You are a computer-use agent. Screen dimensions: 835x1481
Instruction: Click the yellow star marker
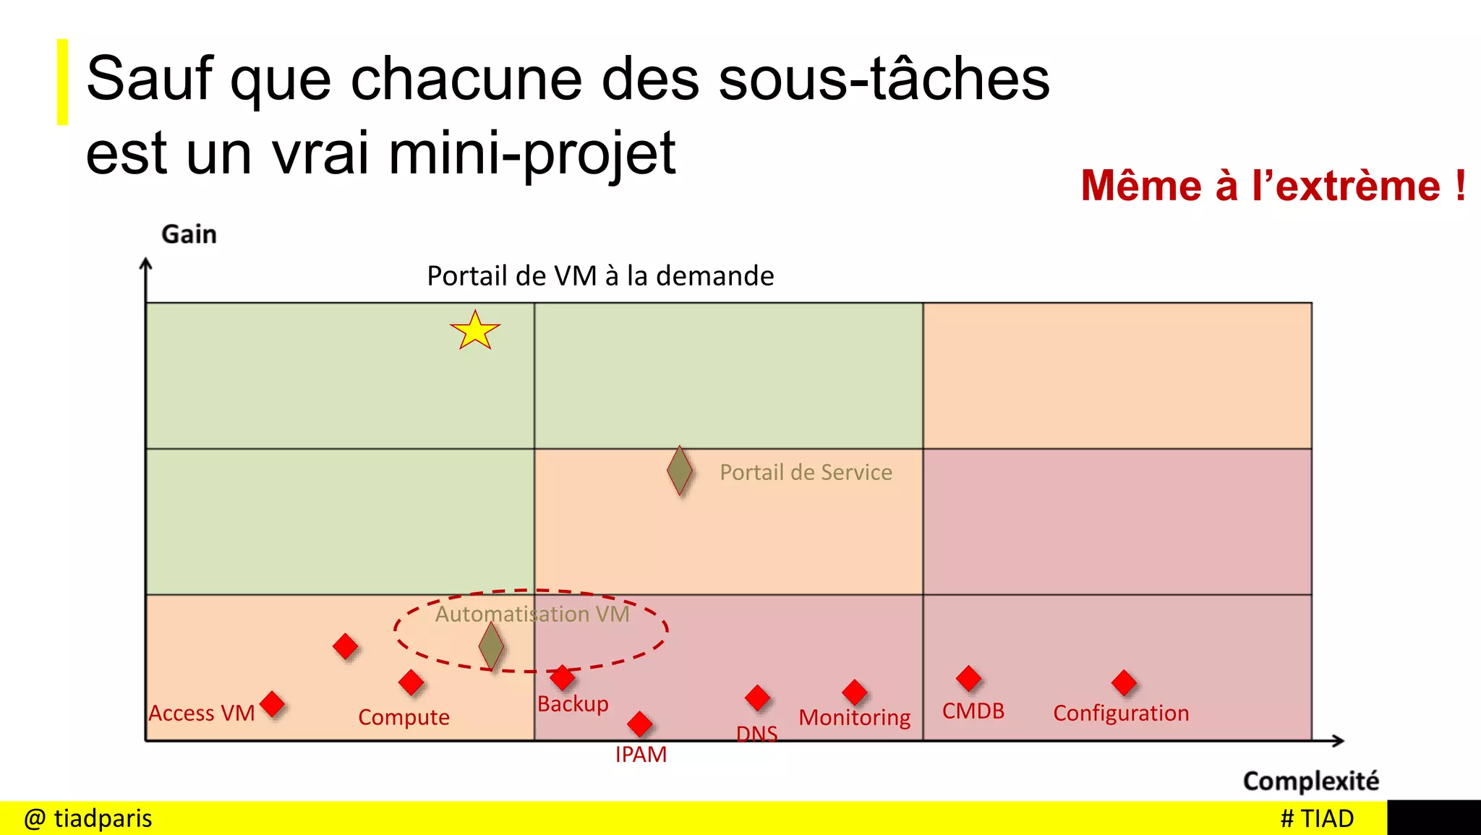click(475, 331)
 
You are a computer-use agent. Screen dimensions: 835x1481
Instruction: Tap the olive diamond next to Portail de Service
click(680, 471)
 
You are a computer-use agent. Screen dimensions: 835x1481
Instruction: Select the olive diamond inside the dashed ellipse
click(491, 646)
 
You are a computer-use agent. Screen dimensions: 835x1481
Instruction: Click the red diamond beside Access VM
click(272, 703)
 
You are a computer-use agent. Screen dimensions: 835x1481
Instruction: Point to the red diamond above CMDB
click(968, 678)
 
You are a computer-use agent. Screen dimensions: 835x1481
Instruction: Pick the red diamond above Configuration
click(1124, 682)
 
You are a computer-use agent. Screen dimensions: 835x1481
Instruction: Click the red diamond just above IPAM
click(639, 723)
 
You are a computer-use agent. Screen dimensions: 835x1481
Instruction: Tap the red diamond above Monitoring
click(855, 692)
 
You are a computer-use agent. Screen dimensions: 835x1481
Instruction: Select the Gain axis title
click(189, 234)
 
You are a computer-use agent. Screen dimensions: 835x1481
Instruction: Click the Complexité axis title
click(1310, 781)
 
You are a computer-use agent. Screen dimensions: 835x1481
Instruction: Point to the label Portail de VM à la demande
click(600, 276)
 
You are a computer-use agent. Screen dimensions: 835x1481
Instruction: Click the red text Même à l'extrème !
click(1273, 186)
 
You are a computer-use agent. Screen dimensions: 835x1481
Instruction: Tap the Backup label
click(573, 704)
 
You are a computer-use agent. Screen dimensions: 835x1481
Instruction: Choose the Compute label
click(404, 717)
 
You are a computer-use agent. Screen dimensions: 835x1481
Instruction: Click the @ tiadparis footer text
click(88, 818)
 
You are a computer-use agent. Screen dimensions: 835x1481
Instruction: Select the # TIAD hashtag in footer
click(1316, 818)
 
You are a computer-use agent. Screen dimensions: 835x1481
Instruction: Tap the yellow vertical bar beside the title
click(63, 82)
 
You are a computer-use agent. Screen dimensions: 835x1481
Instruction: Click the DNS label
click(756, 734)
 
